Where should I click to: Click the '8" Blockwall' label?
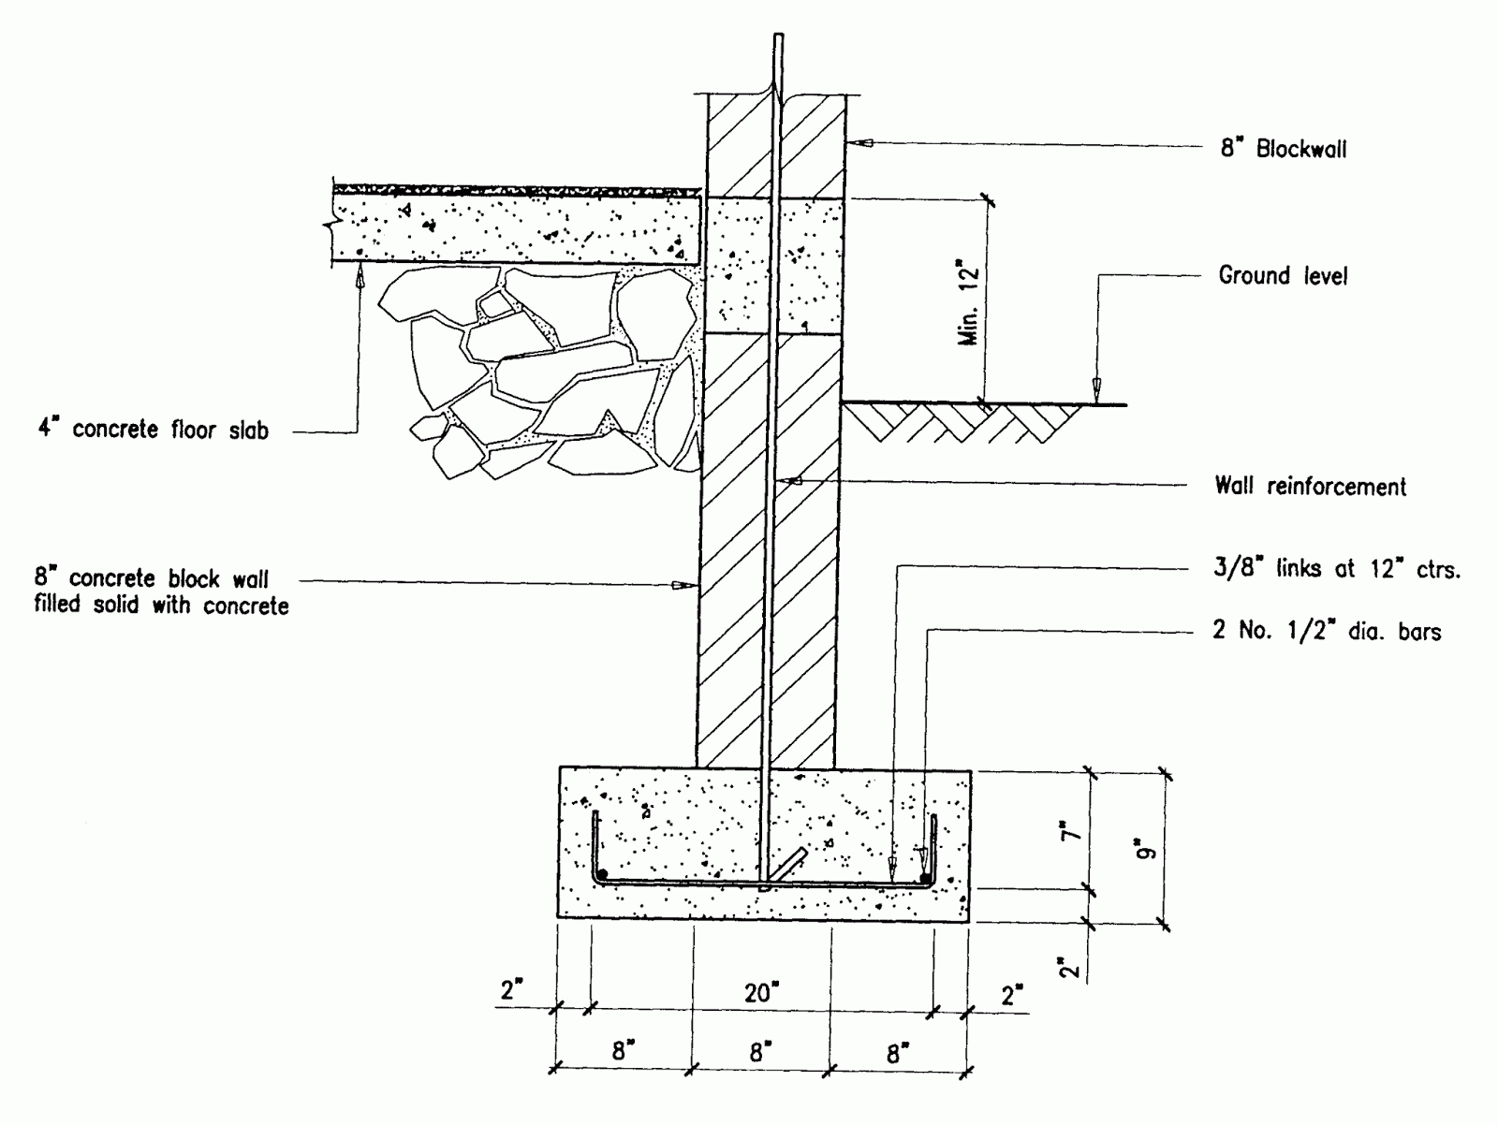pos(1283,149)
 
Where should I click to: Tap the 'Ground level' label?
pos(1283,276)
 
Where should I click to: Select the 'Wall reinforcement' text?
pos(1310,487)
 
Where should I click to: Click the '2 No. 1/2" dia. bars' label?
pos(1327,632)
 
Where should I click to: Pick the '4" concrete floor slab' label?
pos(152,430)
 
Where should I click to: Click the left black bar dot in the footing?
pos(603,874)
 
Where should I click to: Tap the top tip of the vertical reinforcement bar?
pos(777,38)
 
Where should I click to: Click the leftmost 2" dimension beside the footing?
pos(511,991)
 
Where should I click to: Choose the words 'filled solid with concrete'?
pos(161,606)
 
